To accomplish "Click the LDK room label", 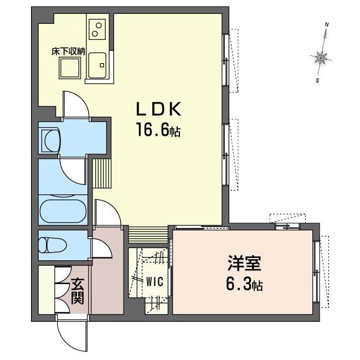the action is pos(158,109).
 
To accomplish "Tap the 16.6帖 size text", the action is pos(158,130).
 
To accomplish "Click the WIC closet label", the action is pos(155,282).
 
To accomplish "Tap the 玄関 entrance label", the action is pos(78,291).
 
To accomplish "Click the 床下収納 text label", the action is pos(68,52).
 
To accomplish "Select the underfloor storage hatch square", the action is pos(70,68).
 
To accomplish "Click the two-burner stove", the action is pos(97,29).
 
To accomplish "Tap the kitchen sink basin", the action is pos(97,65).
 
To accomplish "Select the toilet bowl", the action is pos(53,245).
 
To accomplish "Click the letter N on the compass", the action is pos(327,24).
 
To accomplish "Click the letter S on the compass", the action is pos(318,80).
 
